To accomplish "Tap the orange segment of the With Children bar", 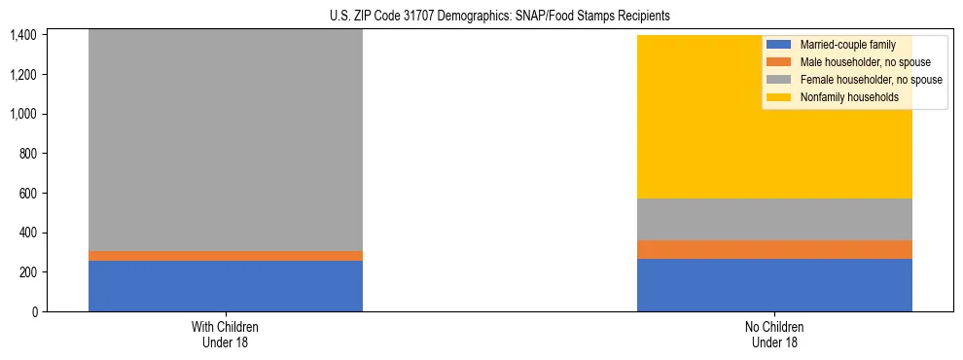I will (x=226, y=256).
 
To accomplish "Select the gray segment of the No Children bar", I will (x=774, y=219).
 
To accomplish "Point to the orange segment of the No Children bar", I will (x=774, y=249).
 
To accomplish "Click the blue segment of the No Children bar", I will (x=774, y=285).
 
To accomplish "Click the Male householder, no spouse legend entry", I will (x=855, y=62).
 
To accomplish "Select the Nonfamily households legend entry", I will (x=842, y=97).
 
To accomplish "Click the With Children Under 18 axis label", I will (x=226, y=335).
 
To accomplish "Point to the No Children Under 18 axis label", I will (x=774, y=335).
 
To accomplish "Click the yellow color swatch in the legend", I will (x=779, y=97).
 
